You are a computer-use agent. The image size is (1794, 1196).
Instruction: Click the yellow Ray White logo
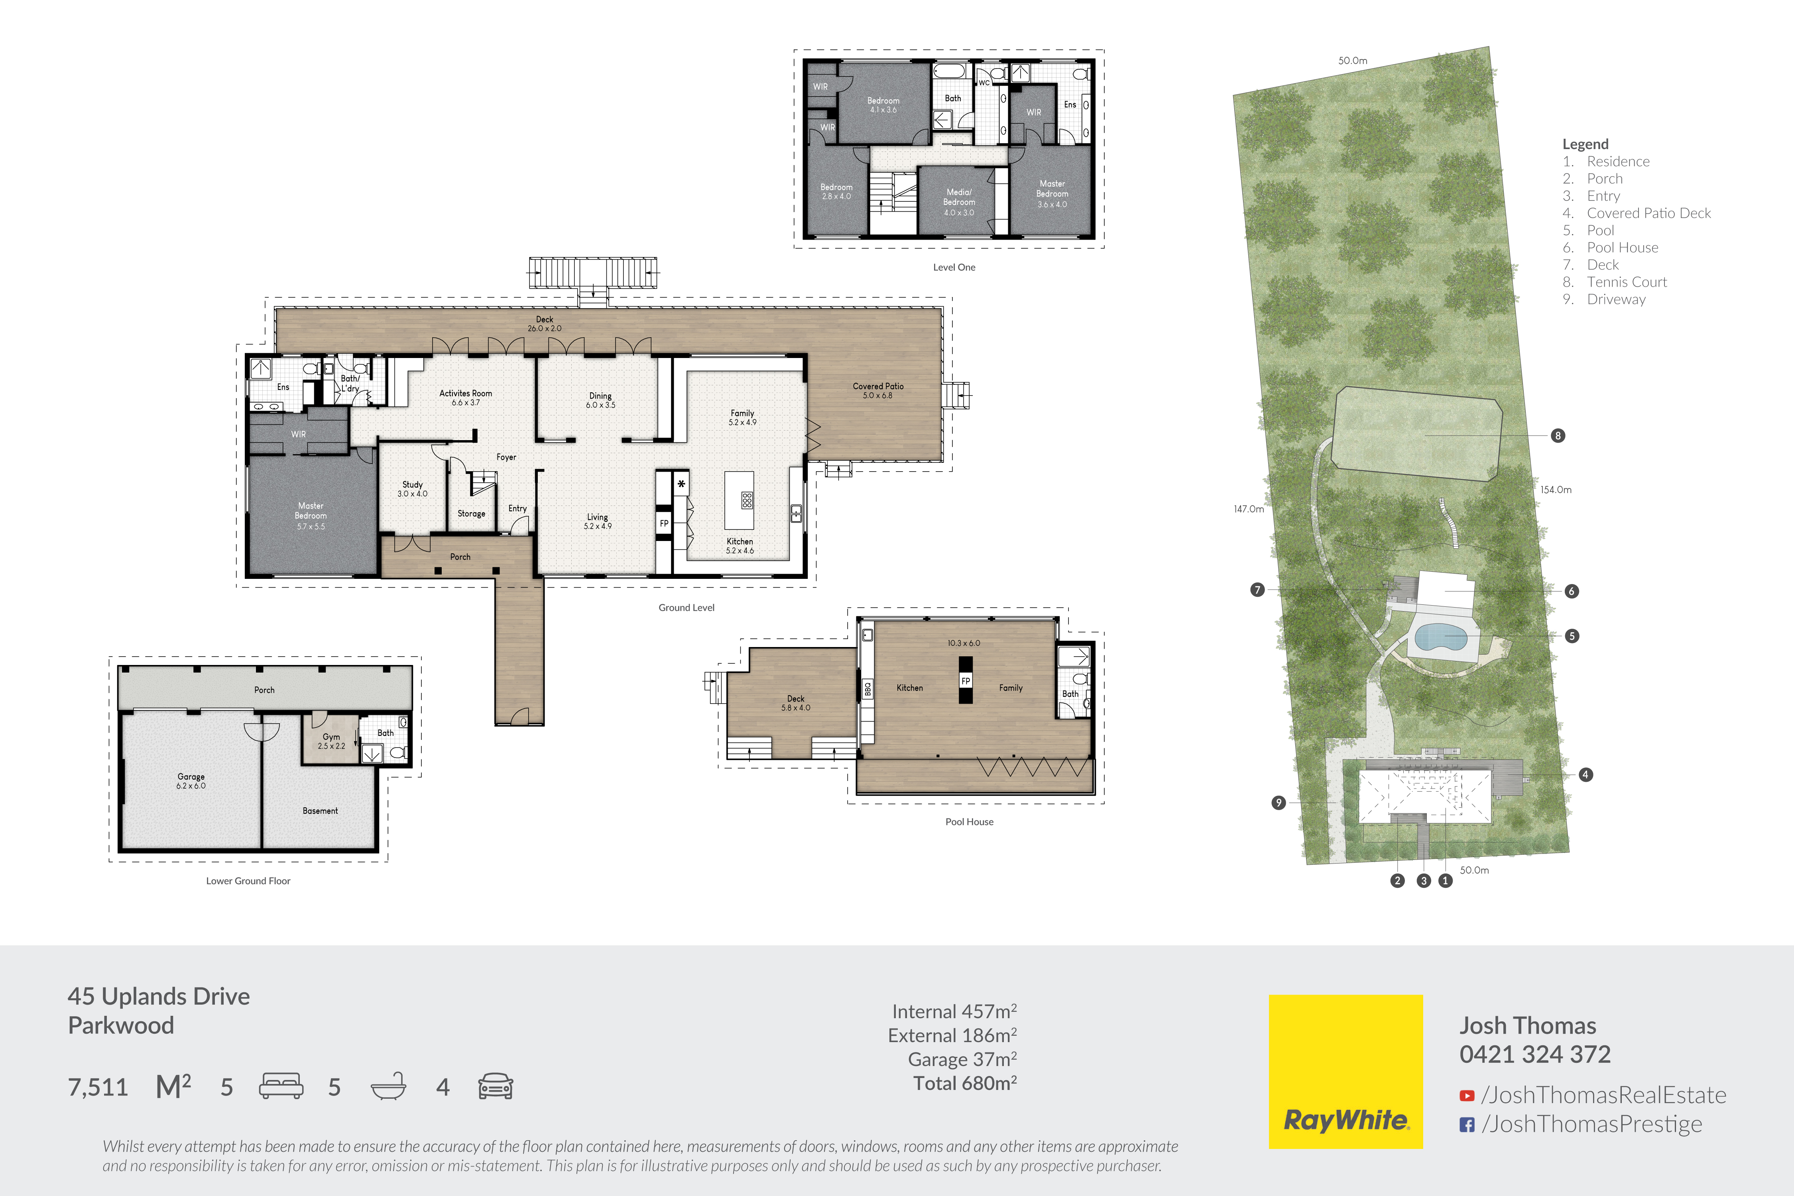click(x=1345, y=1071)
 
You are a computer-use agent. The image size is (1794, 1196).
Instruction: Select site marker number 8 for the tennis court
click(x=1558, y=435)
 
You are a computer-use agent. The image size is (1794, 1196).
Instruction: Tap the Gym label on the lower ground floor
click(x=331, y=737)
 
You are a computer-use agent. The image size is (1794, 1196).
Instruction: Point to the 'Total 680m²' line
click(x=965, y=1083)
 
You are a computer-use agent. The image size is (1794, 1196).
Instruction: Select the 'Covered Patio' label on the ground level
click(x=878, y=386)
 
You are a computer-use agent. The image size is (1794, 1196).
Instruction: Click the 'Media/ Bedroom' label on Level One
click(x=959, y=197)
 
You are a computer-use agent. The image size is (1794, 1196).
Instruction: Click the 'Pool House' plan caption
click(x=970, y=822)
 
